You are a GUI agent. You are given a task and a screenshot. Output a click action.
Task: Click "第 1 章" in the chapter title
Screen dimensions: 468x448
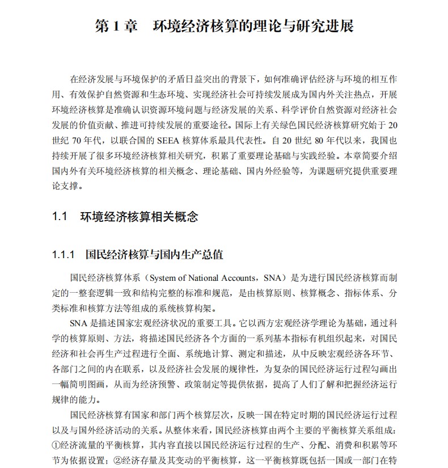pos(116,27)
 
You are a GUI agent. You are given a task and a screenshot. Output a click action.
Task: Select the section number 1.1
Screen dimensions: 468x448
pos(60,217)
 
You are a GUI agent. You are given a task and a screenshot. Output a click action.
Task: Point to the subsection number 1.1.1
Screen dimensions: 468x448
pos(64,255)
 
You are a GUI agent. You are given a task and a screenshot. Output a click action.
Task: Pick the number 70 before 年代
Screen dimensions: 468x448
pos(80,139)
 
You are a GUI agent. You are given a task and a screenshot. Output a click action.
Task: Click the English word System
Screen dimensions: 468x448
pos(164,279)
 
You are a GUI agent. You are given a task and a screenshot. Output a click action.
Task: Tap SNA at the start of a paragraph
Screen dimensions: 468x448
pos(79,324)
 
